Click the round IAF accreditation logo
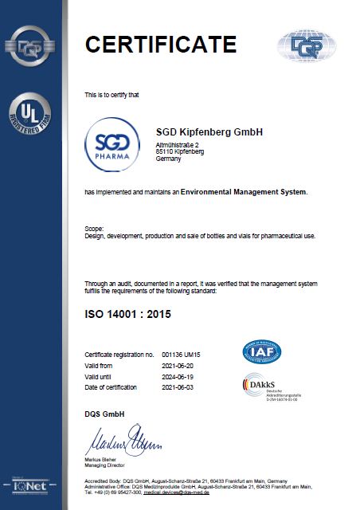262,351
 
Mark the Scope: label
94,229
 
